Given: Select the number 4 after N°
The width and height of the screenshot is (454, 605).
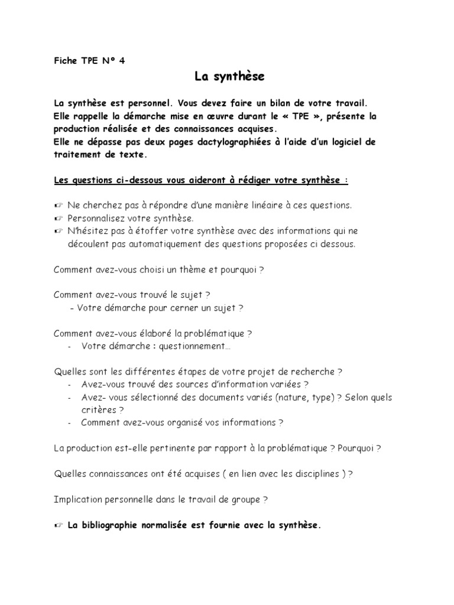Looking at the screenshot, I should pos(122,60).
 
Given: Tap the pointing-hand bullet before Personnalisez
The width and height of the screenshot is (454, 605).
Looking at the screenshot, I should pos(58,218).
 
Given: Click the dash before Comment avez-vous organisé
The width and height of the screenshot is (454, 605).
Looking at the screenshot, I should pos(70,423).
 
